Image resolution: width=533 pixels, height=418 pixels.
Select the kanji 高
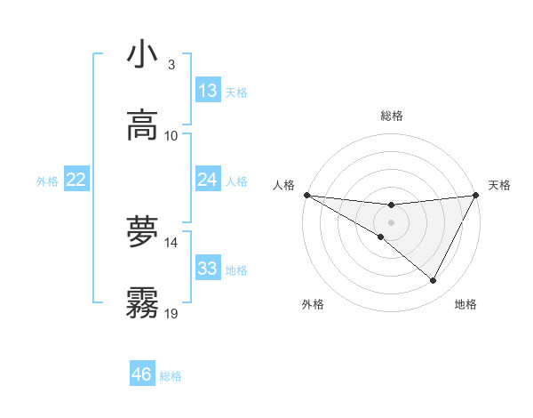coord(142,125)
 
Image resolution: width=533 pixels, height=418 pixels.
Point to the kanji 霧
coord(142,302)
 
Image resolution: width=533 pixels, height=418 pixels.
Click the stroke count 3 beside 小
coord(171,65)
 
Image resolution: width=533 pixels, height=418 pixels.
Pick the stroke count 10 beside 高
coord(171,136)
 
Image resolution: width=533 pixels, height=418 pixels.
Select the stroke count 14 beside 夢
coord(171,242)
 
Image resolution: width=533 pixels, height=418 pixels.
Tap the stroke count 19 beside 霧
coord(171,313)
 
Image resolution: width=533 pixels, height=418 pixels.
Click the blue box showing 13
coord(208,91)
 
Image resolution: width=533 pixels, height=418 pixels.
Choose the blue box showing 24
coord(208,180)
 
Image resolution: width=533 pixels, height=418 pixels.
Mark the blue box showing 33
coord(208,269)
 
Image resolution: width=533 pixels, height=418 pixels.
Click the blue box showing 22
coord(76,180)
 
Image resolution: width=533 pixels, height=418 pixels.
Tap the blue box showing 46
coord(142,374)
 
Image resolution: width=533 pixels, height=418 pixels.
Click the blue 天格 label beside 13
coord(236,92)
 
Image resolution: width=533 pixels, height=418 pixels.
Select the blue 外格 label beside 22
coord(47,181)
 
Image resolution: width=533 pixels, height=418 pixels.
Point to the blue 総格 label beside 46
coord(171,376)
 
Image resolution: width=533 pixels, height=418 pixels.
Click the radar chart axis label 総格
coord(392,116)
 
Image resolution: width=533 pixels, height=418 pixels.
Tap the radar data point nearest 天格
coord(475,195)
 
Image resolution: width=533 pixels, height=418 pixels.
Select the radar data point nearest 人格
coord(306,195)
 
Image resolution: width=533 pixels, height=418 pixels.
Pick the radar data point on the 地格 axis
coord(434,281)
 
